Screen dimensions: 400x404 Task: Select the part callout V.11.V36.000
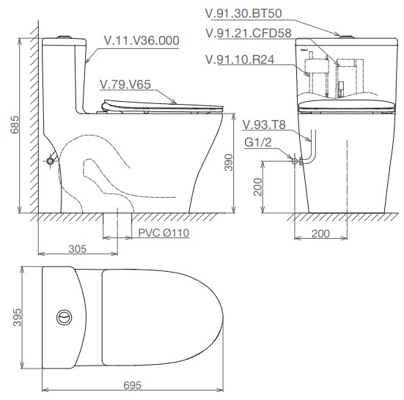coord(142,40)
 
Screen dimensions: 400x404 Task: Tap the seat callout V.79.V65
coord(127,84)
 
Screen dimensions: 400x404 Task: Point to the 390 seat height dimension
coord(228,162)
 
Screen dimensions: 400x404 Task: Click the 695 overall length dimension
coord(131,385)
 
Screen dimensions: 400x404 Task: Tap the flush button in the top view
coord(65,317)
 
